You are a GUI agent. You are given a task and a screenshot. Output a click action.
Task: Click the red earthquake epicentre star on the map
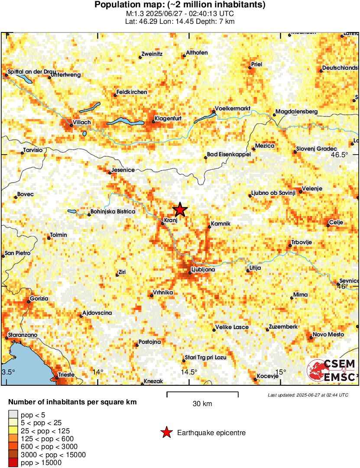180,210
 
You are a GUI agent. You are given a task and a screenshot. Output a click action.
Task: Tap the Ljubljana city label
203,270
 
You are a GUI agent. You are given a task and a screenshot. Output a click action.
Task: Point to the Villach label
81,123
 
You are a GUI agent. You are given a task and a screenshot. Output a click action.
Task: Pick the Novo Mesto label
328,335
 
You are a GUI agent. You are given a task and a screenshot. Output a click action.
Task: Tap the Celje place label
336,222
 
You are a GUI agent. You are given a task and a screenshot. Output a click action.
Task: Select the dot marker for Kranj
163,223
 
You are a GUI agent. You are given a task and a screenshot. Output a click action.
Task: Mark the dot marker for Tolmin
49,238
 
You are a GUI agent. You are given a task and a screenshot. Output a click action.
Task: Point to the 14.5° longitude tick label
189,372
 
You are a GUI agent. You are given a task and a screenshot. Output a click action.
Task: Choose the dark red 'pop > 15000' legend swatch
14,463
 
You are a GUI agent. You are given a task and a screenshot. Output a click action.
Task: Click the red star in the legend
166,432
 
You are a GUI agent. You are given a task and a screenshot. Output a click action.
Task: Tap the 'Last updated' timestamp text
308,395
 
